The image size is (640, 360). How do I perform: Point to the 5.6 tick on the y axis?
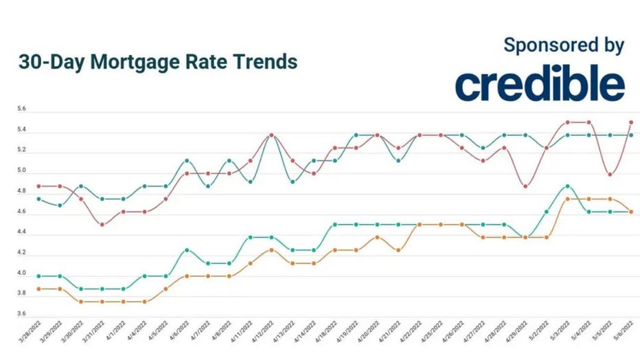[21, 110]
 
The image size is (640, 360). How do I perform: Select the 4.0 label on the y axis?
[21, 273]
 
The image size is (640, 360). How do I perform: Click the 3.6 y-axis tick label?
[21, 314]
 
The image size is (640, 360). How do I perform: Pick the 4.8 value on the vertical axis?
[21, 192]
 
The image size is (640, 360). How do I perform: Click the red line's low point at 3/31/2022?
[102, 225]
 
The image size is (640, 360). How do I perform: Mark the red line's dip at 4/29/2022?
[525, 186]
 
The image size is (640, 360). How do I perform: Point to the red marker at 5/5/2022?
[610, 175]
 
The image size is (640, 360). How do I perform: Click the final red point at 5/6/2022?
[631, 122]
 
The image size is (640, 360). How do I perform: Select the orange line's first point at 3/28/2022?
[38, 289]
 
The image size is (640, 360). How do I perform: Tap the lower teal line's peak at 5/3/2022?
[568, 186]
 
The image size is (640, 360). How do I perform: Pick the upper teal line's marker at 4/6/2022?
[187, 161]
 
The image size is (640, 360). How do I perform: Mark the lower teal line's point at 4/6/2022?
[187, 250]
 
